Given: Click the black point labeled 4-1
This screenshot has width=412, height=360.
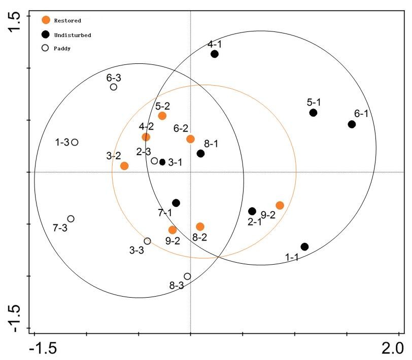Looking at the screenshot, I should click(215, 54).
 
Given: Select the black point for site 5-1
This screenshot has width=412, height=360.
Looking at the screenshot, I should click(314, 113).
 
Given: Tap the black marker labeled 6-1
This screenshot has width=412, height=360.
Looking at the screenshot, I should click(352, 124).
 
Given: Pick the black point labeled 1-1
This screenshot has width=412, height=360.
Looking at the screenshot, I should click(304, 247).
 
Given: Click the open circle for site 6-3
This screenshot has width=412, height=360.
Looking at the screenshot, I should click(114, 87).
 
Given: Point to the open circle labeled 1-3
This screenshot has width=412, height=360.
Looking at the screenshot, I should click(75, 142).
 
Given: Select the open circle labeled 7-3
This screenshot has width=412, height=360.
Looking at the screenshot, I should click(71, 219).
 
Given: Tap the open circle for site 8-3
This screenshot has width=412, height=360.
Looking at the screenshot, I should click(187, 276).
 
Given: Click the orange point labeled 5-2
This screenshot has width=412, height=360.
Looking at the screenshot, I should click(162, 116).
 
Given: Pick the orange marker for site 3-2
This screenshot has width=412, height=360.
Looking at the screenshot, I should click(124, 166).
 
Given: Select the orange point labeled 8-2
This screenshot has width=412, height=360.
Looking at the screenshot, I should click(200, 227).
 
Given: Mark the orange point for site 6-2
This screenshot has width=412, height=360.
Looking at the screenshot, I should click(190, 139).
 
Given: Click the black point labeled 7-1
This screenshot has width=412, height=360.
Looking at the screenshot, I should click(176, 203).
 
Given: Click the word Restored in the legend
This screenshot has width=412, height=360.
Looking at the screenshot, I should click(67, 20).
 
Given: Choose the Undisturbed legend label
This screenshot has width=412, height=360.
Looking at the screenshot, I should click(72, 34).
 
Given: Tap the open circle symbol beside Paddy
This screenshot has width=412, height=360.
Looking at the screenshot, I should click(45, 48).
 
